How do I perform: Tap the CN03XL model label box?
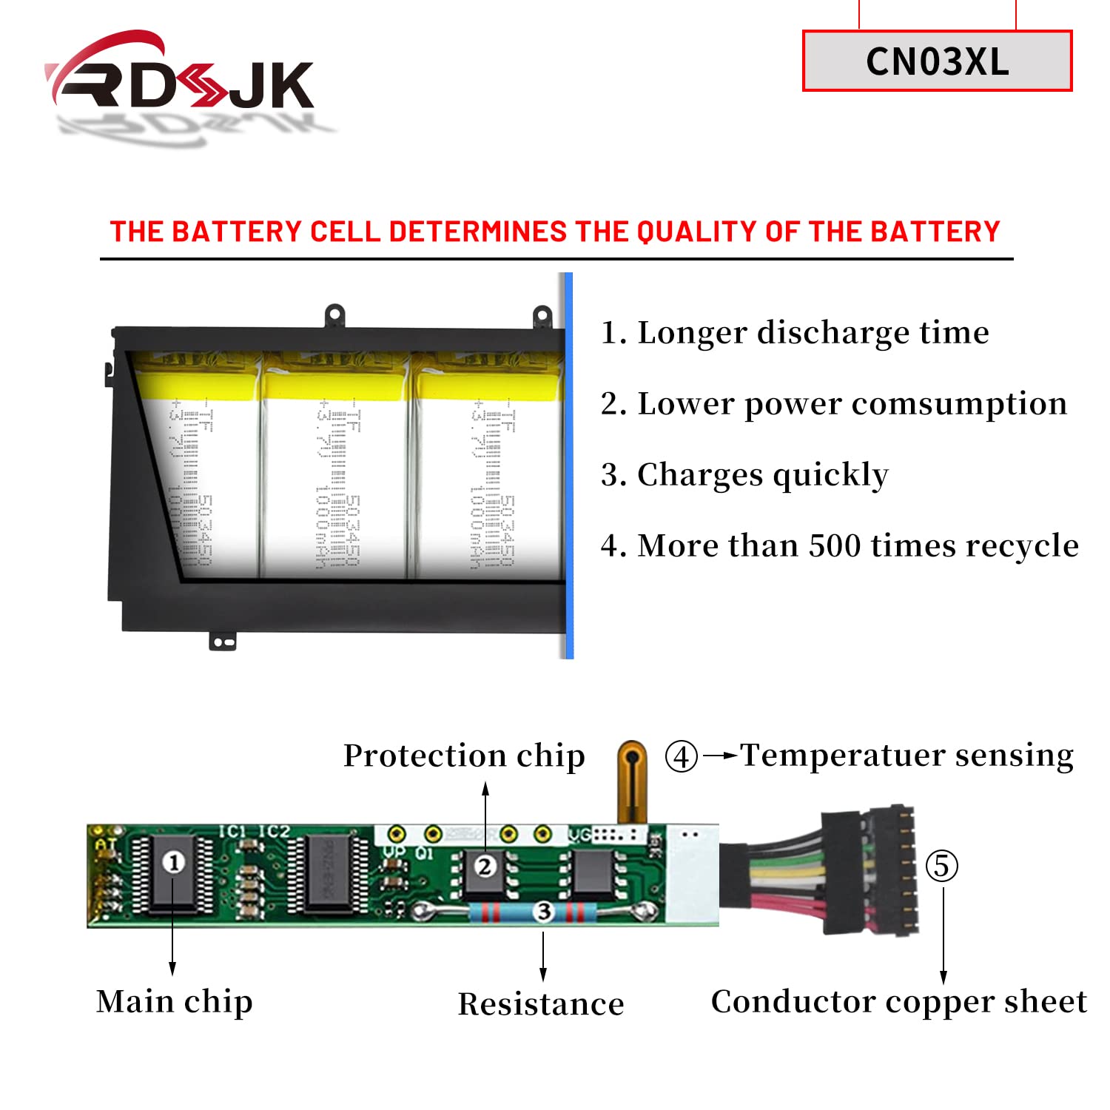(937, 61)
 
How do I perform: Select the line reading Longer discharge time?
(795, 333)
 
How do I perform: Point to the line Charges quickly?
(744, 475)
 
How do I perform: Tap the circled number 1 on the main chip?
(173, 862)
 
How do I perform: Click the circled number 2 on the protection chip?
(485, 866)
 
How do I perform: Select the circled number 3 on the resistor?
(544, 911)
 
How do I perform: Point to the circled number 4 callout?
(681, 756)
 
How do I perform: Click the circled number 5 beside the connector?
(941, 866)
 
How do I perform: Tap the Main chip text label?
(175, 1002)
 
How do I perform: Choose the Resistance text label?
(541, 1004)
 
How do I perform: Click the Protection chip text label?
(464, 756)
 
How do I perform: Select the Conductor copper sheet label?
(898, 1002)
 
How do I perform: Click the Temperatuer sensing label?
(906, 756)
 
